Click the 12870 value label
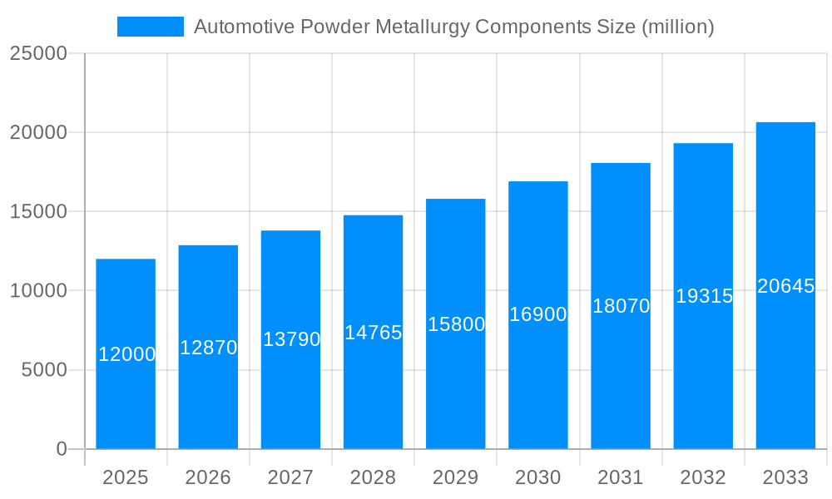[209, 348]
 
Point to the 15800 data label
[456, 324]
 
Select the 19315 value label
[704, 296]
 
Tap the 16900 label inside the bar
[538, 314]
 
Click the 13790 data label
[291, 339]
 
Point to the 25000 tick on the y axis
[38, 53]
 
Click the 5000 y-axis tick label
[44, 370]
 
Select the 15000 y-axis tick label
[38, 212]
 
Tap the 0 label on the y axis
[62, 449]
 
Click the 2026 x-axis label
[208, 477]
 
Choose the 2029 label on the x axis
[456, 477]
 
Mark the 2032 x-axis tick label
[703, 477]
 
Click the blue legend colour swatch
[151, 27]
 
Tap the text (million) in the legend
[677, 27]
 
